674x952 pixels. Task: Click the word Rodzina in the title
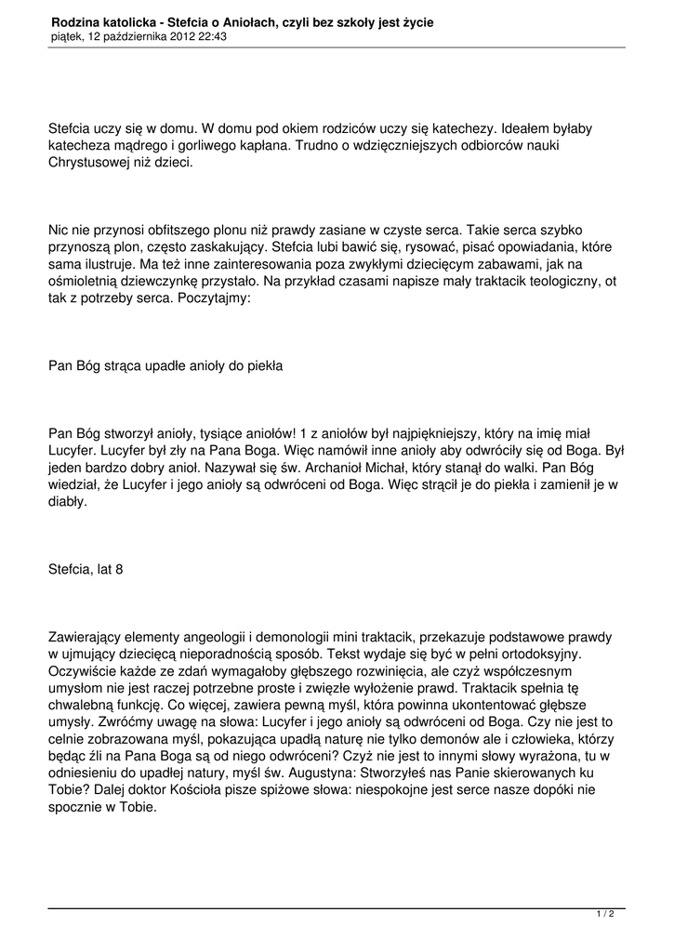click(x=75, y=20)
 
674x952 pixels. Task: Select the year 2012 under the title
click(x=181, y=36)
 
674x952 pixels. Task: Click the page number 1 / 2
click(x=605, y=914)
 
